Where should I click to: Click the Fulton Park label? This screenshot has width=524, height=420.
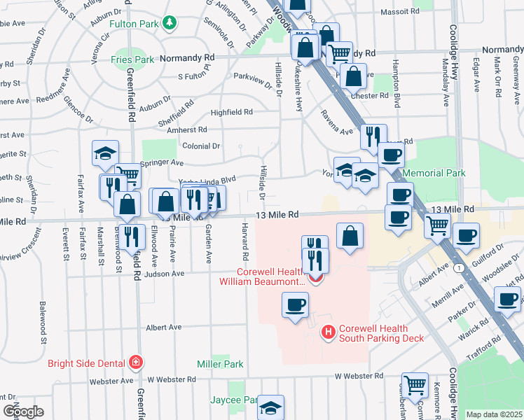(x=137, y=24)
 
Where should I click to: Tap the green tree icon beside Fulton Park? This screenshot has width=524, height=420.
(x=169, y=24)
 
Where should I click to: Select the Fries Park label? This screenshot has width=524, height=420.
(x=132, y=59)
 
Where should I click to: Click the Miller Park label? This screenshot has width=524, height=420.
(x=220, y=364)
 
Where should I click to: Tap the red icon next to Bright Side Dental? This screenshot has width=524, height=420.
(x=135, y=363)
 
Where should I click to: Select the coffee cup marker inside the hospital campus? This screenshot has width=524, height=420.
(x=294, y=305)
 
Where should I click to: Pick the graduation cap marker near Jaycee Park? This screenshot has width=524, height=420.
(x=271, y=408)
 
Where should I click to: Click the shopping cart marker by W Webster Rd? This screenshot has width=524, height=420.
(x=415, y=385)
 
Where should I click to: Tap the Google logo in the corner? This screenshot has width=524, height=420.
(x=23, y=412)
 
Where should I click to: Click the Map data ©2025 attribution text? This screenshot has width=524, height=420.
(x=494, y=414)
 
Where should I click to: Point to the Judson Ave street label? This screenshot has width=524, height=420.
(x=163, y=274)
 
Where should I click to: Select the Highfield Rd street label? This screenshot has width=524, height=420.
(x=231, y=112)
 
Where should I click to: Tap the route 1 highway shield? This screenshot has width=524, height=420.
(x=457, y=268)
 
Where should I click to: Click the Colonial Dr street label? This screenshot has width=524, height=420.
(x=201, y=146)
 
